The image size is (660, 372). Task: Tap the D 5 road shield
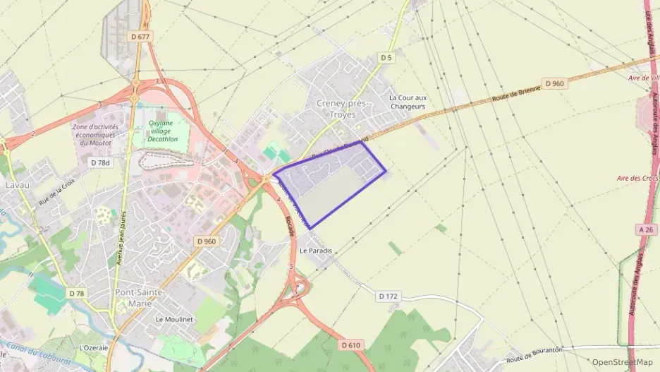(x=386, y=57)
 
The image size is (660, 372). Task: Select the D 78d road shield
(x=101, y=162)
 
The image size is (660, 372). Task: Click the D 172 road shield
(x=388, y=296)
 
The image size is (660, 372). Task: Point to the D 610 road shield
(x=350, y=345)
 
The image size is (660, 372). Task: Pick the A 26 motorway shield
(x=645, y=229)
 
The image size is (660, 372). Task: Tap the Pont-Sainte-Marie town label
(x=139, y=297)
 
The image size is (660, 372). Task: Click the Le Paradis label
(x=315, y=251)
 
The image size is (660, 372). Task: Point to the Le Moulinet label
(x=174, y=319)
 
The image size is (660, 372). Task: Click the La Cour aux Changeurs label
(x=408, y=102)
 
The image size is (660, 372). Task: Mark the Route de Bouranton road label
(x=534, y=355)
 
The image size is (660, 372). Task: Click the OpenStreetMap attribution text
(x=622, y=362)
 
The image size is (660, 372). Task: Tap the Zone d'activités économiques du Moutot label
(x=94, y=134)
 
